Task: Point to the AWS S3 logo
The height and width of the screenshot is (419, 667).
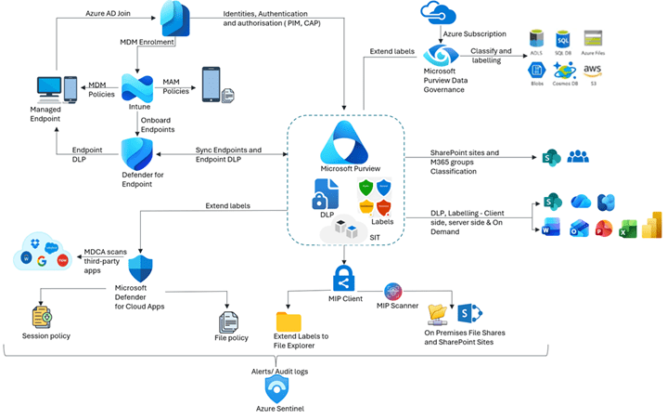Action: pyautogui.click(x=592, y=69)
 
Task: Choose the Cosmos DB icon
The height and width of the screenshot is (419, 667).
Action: pyautogui.click(x=563, y=69)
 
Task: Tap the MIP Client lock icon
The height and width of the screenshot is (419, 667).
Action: pyautogui.click(x=345, y=278)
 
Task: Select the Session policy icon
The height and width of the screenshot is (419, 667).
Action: pyautogui.click(x=41, y=318)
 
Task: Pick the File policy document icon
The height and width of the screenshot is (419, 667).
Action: pyautogui.click(x=227, y=321)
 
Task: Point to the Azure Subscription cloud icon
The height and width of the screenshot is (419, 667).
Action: pyautogui.click(x=435, y=12)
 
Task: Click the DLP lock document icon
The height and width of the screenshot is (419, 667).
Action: pyautogui.click(x=324, y=192)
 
